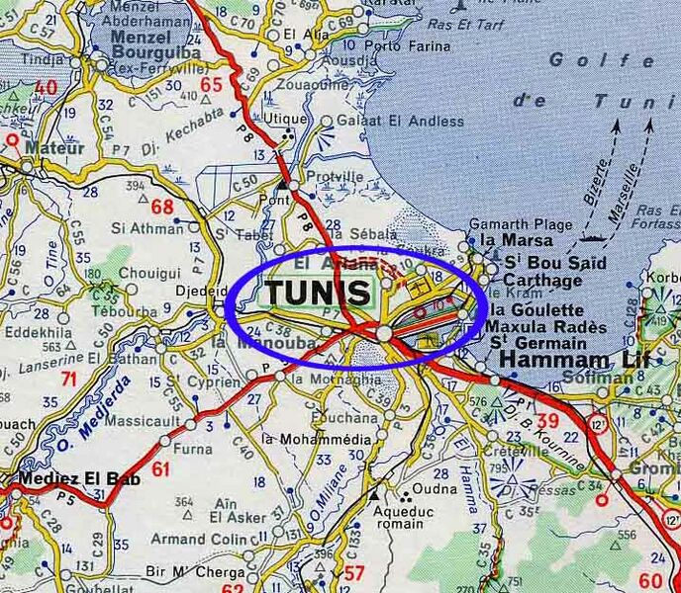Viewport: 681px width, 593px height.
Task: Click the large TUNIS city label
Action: (x=319, y=292)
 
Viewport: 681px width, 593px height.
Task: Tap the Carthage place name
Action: (x=542, y=281)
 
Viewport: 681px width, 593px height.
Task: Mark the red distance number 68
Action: (x=162, y=207)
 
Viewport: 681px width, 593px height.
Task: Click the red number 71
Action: (x=67, y=379)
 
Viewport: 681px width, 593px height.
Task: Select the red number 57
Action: (x=354, y=571)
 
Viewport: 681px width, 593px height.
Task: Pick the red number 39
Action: (x=547, y=422)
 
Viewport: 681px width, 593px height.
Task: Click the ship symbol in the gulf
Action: (x=594, y=237)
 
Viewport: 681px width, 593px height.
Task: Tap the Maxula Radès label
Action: (x=546, y=327)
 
